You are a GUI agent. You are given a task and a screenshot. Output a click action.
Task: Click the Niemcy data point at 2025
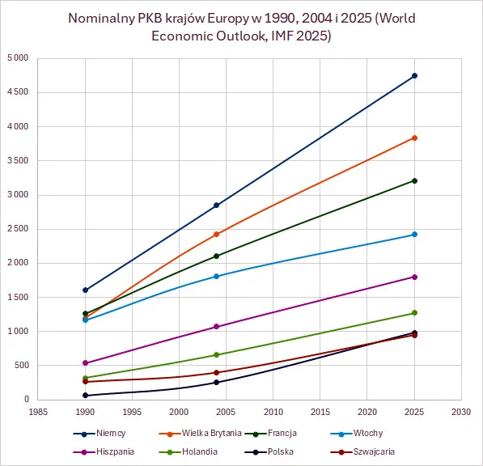click(x=414, y=76)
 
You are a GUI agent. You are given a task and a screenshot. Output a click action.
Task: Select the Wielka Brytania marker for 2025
click(x=414, y=138)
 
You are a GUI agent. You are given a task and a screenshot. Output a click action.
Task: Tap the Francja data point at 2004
click(x=216, y=256)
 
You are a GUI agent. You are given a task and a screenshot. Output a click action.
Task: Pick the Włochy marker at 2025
click(x=414, y=235)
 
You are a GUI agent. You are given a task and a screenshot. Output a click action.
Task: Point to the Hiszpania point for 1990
click(x=84, y=363)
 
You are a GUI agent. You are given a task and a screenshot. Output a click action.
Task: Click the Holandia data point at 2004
click(x=216, y=354)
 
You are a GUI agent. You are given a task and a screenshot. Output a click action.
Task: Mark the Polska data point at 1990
click(x=84, y=396)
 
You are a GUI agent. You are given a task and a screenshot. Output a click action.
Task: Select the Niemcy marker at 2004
click(x=216, y=205)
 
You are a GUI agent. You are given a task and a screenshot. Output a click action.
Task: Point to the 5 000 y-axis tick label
click(x=17, y=58)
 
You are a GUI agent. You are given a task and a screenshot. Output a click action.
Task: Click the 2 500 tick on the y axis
click(x=17, y=229)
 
